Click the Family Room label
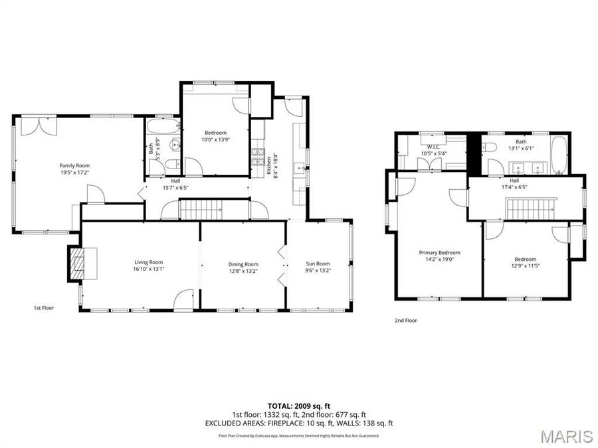point(74,165)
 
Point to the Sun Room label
point(318,263)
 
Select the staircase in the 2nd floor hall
point(531,209)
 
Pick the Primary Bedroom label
point(439,252)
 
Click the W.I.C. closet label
point(433,147)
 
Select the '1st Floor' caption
point(44,308)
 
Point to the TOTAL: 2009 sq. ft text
point(299,405)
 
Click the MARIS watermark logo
point(566,436)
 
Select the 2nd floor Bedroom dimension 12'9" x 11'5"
point(524,265)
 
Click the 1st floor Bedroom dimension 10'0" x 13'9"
point(215,139)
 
